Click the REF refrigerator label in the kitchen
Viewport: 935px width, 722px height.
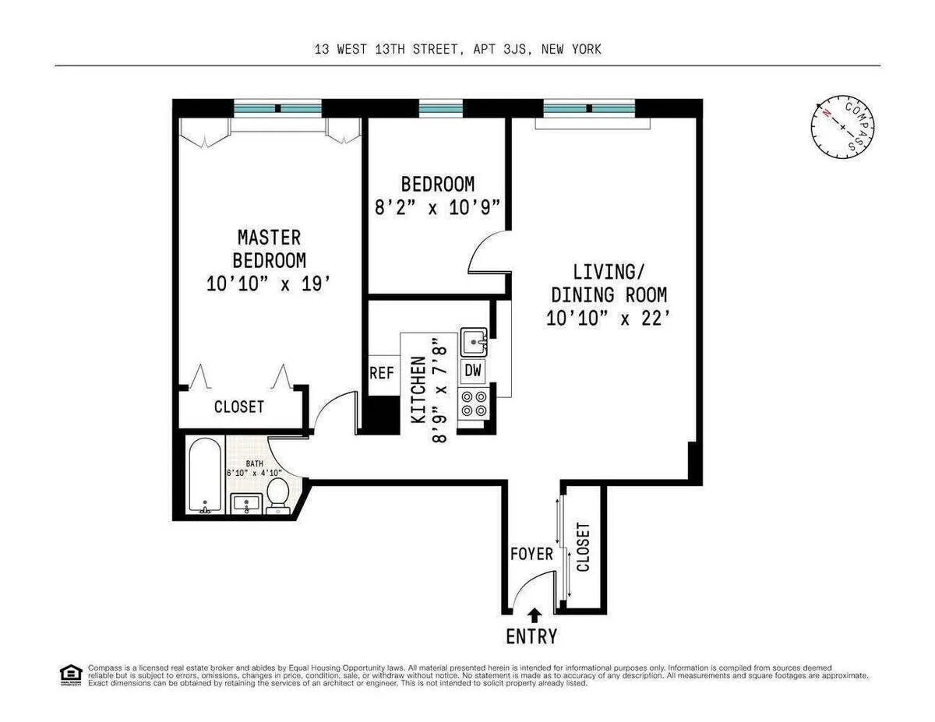pos(381,373)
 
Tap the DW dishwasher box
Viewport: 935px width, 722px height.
pos(473,371)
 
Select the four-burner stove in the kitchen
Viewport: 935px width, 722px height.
pos(474,403)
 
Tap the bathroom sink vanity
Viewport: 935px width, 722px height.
pos(247,504)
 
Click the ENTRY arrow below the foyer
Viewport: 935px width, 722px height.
pos(534,615)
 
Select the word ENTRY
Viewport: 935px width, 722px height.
pos(532,636)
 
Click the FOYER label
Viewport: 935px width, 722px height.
pos(531,555)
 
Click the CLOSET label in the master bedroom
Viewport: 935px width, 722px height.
pos(239,407)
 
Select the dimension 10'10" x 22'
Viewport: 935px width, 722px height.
pos(609,318)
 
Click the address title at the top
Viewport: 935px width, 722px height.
pos(457,49)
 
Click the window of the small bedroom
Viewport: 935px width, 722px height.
pos(441,109)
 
